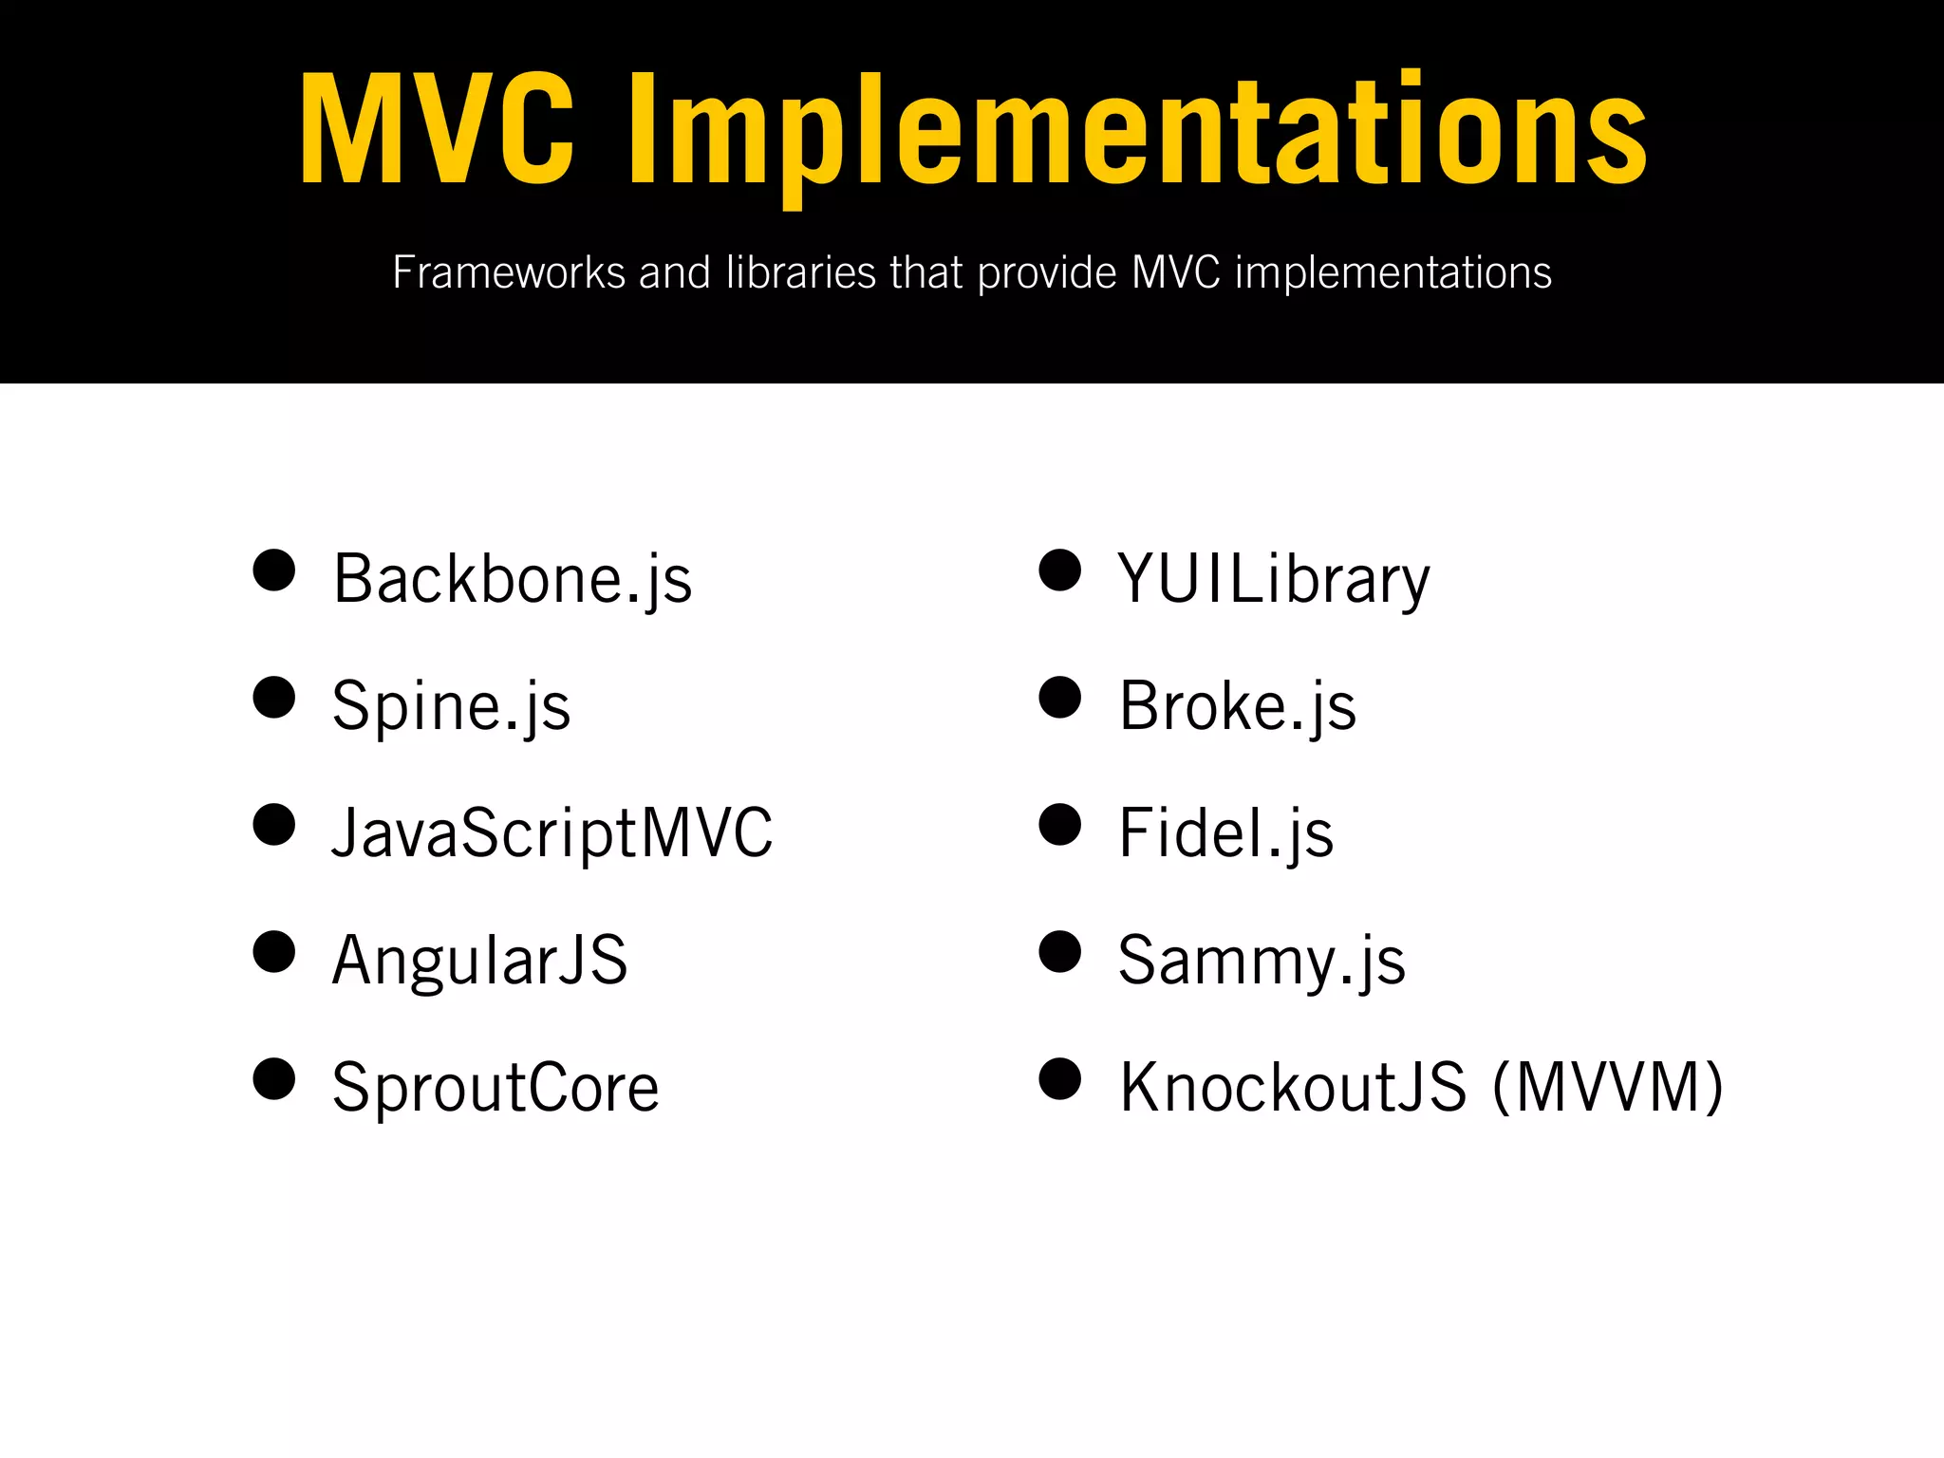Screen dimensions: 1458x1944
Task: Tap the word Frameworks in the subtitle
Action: (x=509, y=273)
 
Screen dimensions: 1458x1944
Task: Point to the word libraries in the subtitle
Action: (x=800, y=273)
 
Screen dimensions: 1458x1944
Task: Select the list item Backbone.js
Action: (x=513, y=578)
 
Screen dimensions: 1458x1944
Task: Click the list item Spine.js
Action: (x=451, y=705)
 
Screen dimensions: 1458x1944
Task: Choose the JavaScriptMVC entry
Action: (x=552, y=832)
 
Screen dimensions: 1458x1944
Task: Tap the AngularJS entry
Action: (x=479, y=960)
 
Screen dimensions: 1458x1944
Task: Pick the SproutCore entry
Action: (x=495, y=1087)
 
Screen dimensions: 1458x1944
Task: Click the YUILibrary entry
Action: (x=1273, y=578)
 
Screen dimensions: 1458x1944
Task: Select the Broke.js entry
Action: (x=1238, y=705)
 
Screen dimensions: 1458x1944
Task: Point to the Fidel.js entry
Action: (x=1225, y=832)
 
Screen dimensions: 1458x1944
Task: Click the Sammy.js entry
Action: (x=1262, y=960)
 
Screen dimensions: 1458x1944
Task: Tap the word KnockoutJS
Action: (x=1293, y=1087)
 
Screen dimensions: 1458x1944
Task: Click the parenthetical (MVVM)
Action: (x=1608, y=1087)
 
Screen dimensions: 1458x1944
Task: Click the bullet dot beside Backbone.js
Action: (x=274, y=570)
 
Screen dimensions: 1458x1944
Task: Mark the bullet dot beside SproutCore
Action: (x=274, y=1079)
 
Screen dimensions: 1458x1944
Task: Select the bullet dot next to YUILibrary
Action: (x=1060, y=570)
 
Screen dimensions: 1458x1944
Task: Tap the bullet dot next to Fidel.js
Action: (x=1060, y=825)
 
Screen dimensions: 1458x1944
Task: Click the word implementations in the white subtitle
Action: (x=1393, y=273)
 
